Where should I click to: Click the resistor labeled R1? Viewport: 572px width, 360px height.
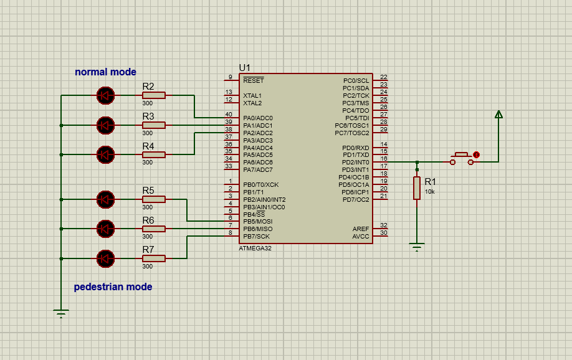point(417,187)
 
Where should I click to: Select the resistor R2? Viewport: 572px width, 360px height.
point(153,95)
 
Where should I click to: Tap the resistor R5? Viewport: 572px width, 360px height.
point(153,199)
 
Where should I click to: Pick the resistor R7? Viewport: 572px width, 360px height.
point(153,258)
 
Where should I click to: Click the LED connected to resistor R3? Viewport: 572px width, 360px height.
point(105,125)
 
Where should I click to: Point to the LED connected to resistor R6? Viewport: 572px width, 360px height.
point(105,229)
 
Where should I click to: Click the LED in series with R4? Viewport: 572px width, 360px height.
point(105,154)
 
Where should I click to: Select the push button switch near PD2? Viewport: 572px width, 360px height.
point(462,160)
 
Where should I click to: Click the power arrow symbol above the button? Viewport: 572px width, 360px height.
point(498,115)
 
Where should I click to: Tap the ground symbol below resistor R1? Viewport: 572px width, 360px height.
point(417,247)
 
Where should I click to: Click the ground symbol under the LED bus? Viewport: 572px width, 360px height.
point(60,313)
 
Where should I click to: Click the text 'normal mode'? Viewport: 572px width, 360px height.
point(105,72)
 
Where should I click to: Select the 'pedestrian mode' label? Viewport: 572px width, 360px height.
point(113,287)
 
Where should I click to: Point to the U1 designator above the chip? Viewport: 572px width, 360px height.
point(244,67)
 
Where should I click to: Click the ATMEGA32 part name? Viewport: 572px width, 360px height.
point(255,248)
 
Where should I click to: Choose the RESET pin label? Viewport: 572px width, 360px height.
point(253,81)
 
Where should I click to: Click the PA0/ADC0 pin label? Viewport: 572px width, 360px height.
point(257,118)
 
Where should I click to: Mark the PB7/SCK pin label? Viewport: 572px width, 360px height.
point(256,236)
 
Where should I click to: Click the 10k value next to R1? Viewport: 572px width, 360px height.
point(430,192)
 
